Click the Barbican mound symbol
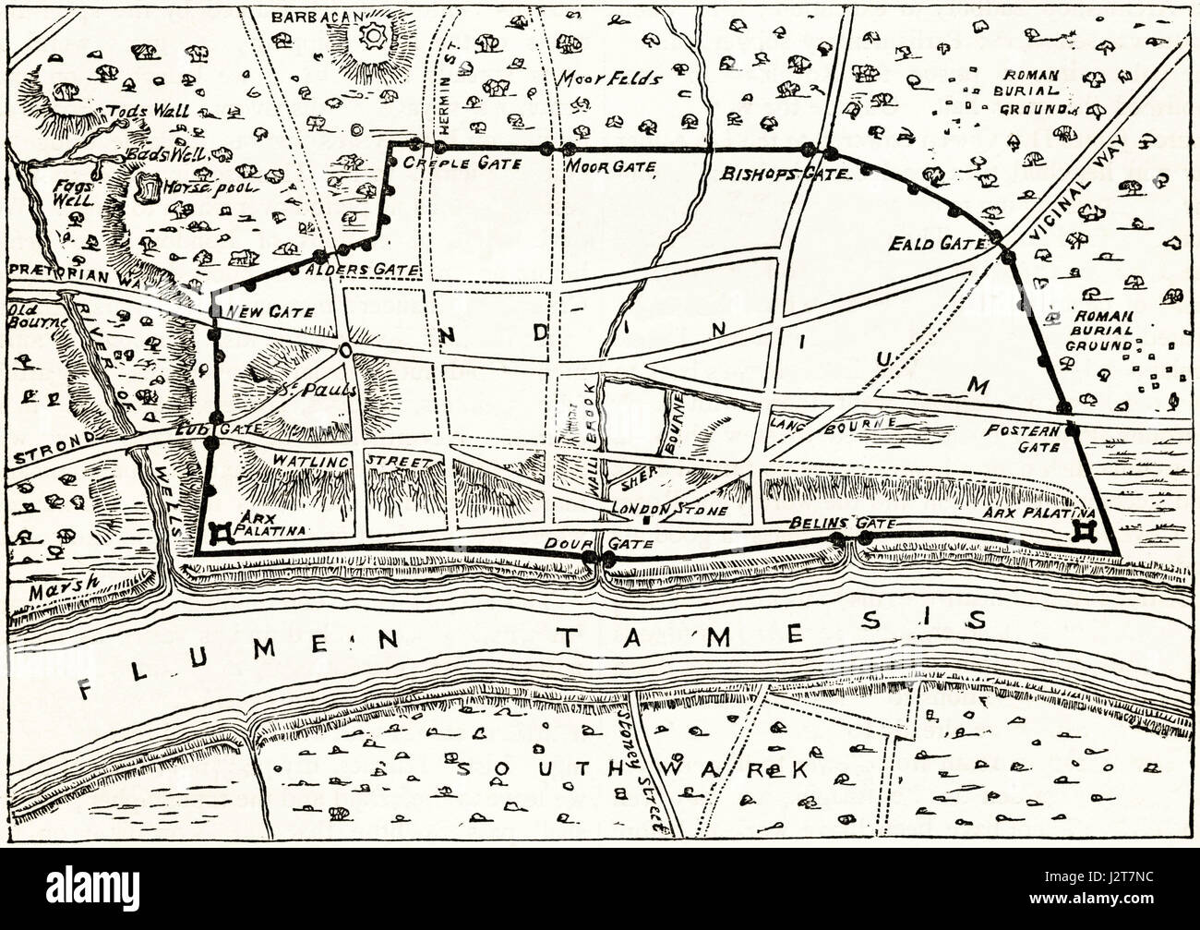click(x=375, y=39)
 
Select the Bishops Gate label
click(x=784, y=173)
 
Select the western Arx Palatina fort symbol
click(x=222, y=533)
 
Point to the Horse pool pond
click(x=147, y=187)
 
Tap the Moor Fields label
click(x=608, y=79)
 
